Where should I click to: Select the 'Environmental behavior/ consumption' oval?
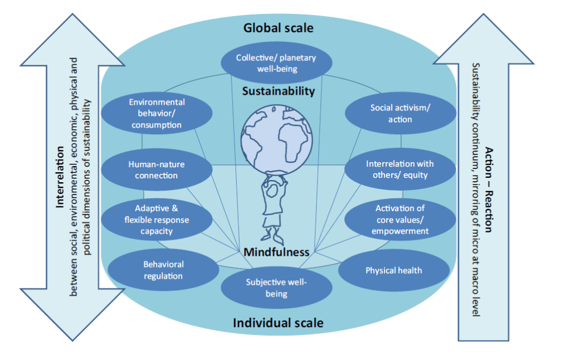click(x=157, y=113)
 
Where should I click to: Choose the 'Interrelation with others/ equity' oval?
click(x=400, y=169)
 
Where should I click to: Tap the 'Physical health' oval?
click(x=393, y=270)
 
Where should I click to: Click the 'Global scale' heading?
click(x=278, y=27)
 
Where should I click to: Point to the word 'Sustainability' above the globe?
click(x=278, y=91)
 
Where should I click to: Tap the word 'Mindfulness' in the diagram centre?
click(x=276, y=252)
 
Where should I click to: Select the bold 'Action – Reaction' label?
click(x=489, y=190)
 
